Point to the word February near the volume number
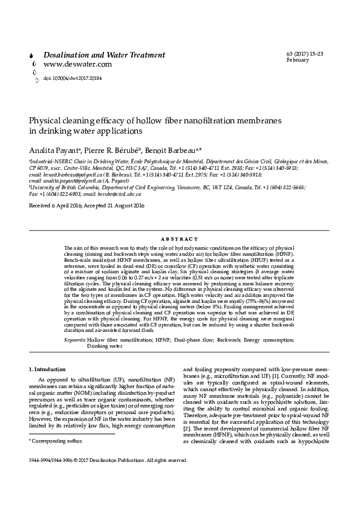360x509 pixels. [x=298, y=60]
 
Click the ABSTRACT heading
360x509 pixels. [x=180, y=239]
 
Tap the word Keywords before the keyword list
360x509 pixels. [x=75, y=323]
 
